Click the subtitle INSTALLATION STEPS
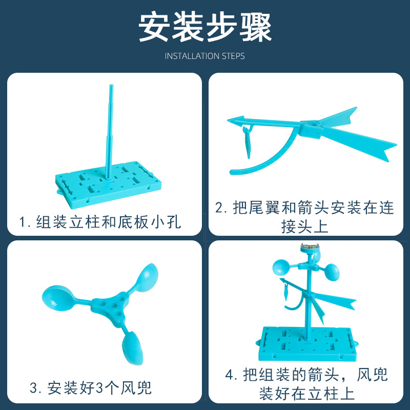point(205,56)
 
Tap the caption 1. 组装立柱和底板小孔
point(100,222)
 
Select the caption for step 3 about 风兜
point(91,388)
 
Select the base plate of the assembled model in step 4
point(306,342)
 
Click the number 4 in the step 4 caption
point(230,374)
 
